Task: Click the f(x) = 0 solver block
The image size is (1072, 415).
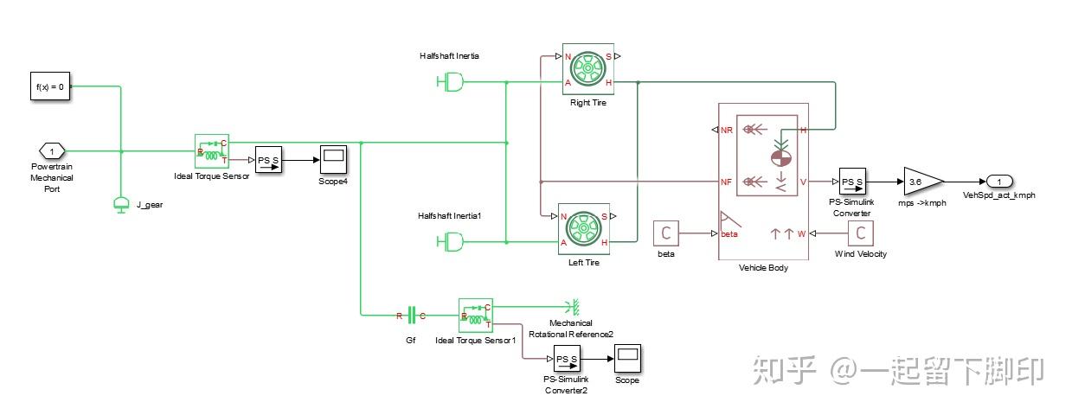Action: pyautogui.click(x=50, y=86)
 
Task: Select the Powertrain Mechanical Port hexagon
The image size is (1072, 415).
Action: pyautogui.click(x=52, y=151)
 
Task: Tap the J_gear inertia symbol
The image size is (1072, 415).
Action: pyautogui.click(x=121, y=205)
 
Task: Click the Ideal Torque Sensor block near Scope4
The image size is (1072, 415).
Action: pyautogui.click(x=212, y=151)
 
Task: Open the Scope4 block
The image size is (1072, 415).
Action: pyautogui.click(x=333, y=160)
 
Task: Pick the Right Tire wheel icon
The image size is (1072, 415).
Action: pyautogui.click(x=588, y=70)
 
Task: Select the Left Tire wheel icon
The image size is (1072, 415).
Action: pyautogui.click(x=584, y=229)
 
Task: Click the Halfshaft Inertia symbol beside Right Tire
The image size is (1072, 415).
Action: pyautogui.click(x=450, y=82)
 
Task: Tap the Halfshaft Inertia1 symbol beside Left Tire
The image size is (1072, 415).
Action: pyautogui.click(x=450, y=242)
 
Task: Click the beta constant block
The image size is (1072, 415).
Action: pyautogui.click(x=665, y=233)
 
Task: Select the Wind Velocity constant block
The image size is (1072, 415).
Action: pyautogui.click(x=861, y=233)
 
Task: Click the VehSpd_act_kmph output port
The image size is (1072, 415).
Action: pyautogui.click(x=998, y=182)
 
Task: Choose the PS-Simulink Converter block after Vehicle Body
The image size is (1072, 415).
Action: pyautogui.click(x=852, y=182)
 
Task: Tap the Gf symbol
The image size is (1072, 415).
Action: pyautogui.click(x=411, y=316)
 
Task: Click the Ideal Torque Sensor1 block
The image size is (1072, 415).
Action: pyautogui.click(x=476, y=316)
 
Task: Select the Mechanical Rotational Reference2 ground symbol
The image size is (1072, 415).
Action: pyautogui.click(x=573, y=306)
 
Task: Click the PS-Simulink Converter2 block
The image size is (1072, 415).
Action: pyautogui.click(x=567, y=359)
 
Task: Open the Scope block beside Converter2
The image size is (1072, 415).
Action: pyautogui.click(x=627, y=359)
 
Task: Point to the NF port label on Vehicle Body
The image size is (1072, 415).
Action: pyautogui.click(x=726, y=182)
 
